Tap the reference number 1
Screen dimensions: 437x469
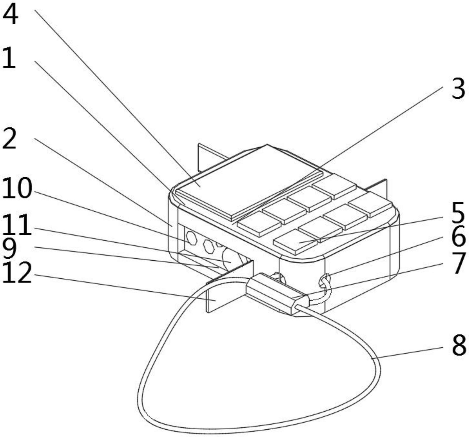point(9,58)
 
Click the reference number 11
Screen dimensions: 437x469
point(16,225)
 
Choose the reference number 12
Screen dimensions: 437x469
point(17,273)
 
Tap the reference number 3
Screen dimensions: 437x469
point(458,89)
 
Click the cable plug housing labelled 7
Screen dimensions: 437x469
point(276,294)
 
